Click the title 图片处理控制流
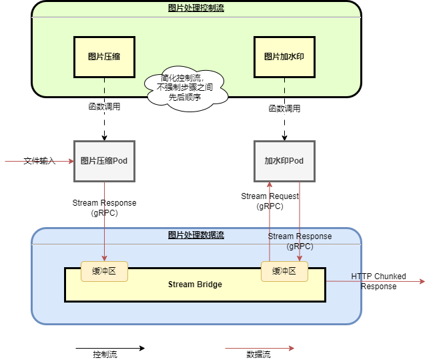(x=195, y=8)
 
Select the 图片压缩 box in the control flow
(x=104, y=57)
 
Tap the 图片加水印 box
(x=284, y=57)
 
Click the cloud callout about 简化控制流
(x=185, y=87)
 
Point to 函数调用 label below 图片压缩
(x=105, y=106)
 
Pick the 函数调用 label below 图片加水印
(x=285, y=108)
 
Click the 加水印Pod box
(x=284, y=161)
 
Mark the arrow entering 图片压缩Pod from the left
(x=40, y=161)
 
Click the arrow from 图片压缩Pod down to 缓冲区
(x=104, y=220)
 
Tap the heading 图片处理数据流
(x=196, y=235)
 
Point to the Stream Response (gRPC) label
(x=300, y=241)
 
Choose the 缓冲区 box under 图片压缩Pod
(x=104, y=271)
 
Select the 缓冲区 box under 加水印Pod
(x=284, y=271)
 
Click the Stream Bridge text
(x=195, y=285)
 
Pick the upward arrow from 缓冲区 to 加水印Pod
(x=270, y=220)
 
